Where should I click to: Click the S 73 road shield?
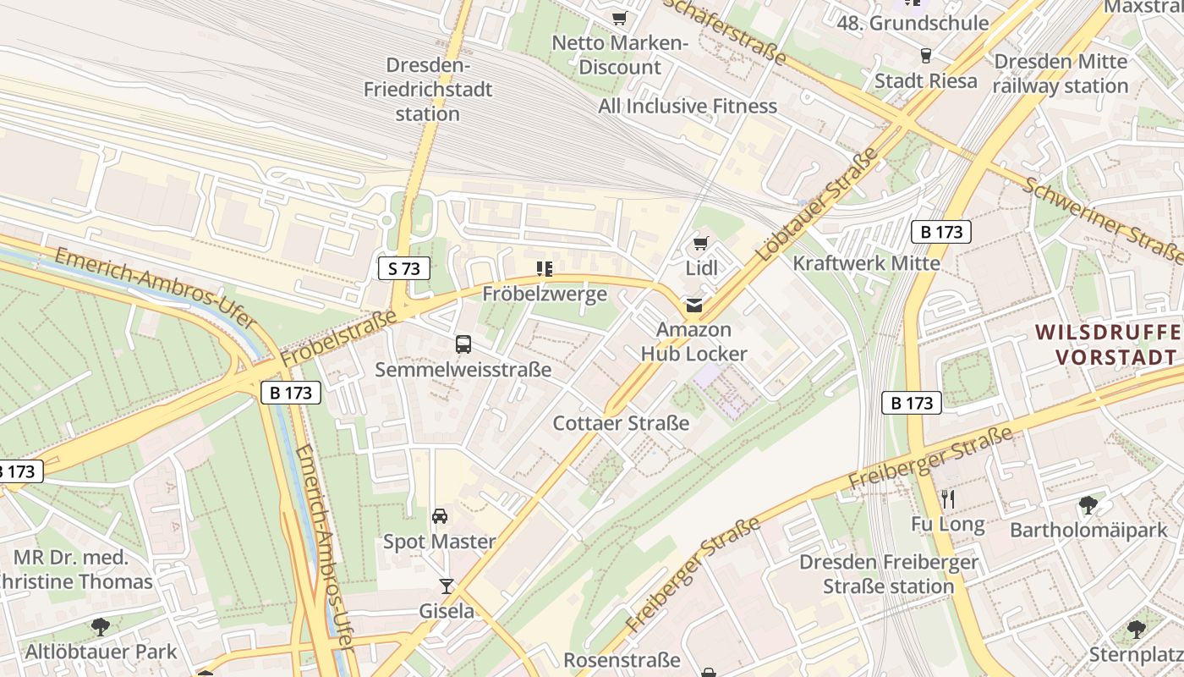point(403,269)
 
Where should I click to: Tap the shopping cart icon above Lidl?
point(700,245)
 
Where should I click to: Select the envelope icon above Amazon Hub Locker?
point(693,305)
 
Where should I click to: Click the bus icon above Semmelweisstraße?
point(463,344)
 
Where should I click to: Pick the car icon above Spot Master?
point(440,516)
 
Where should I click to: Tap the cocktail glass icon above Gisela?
point(447,586)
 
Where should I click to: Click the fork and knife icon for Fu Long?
point(948,499)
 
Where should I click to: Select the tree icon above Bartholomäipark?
point(1088,506)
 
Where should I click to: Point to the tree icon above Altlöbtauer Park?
point(101,627)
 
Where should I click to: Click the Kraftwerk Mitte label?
point(866,263)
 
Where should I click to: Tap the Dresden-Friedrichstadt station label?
point(428,89)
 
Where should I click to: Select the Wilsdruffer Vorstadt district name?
point(1108,344)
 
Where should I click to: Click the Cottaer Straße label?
point(621,423)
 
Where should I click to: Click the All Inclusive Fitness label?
point(688,106)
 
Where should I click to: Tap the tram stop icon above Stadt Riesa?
point(925,56)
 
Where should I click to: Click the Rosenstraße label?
point(622,660)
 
